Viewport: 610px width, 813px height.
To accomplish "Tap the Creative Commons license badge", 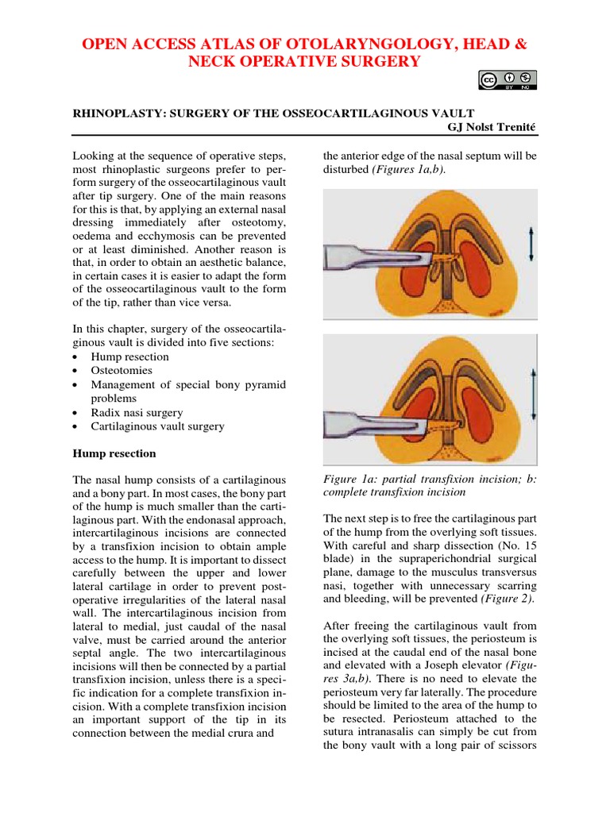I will (x=508, y=79).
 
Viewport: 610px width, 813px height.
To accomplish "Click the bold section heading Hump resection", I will (x=114, y=454).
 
